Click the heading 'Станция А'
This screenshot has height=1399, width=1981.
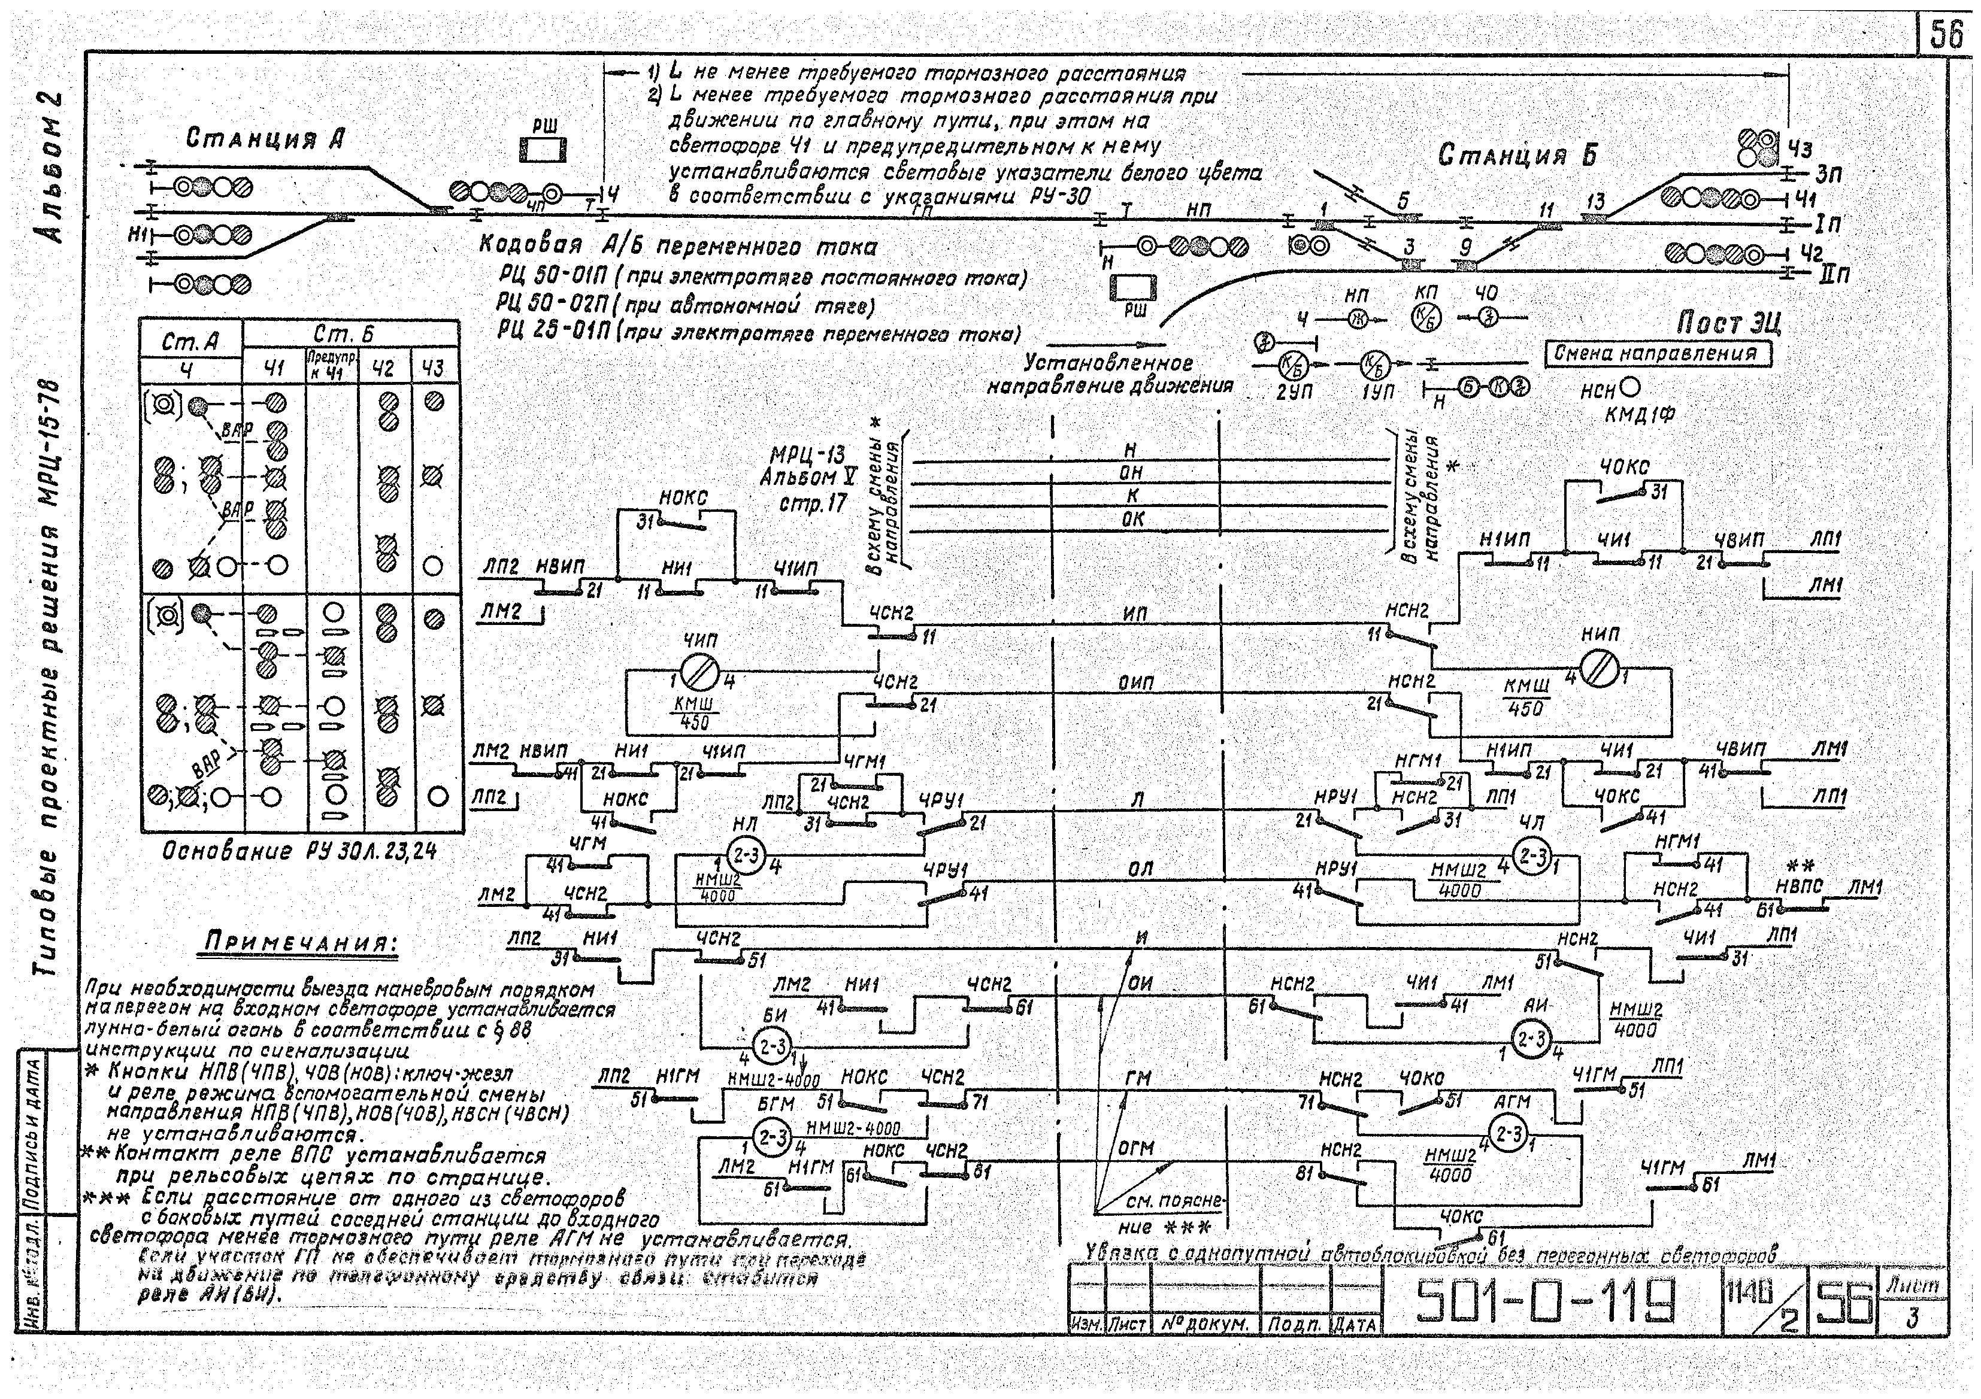click(x=266, y=139)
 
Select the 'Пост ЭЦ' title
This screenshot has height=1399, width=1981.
click(x=1728, y=324)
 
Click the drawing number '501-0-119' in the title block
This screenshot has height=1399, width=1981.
click(x=1544, y=1300)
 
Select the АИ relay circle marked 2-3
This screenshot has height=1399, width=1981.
click(x=1532, y=1039)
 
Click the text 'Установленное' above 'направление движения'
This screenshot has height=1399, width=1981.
click(x=1108, y=363)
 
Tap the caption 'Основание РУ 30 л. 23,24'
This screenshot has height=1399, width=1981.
click(x=300, y=851)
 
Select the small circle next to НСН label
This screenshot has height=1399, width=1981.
click(x=1631, y=389)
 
